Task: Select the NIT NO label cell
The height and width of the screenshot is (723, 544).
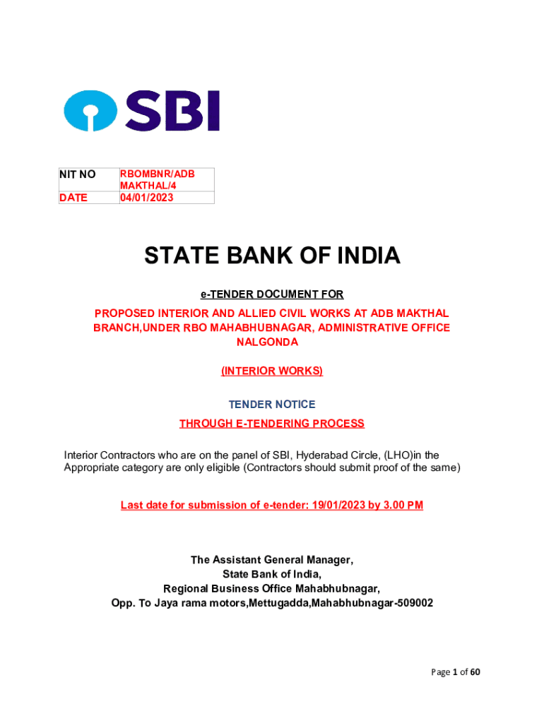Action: coord(78,174)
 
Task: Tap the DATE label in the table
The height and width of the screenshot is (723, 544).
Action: coord(73,198)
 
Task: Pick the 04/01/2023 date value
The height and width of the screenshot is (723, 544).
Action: coord(146,198)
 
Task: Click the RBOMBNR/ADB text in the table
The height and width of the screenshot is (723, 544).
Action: coord(157,174)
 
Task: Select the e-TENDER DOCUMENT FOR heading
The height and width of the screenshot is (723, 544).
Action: coord(272,294)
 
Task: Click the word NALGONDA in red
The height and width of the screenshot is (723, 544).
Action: coord(272,342)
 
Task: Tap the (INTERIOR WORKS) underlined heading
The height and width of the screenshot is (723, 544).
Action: coord(272,371)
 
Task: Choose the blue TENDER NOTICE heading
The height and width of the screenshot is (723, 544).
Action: coord(272,405)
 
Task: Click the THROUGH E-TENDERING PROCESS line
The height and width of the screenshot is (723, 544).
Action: coord(272,424)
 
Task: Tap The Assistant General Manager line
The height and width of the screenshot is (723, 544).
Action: coord(272,560)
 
